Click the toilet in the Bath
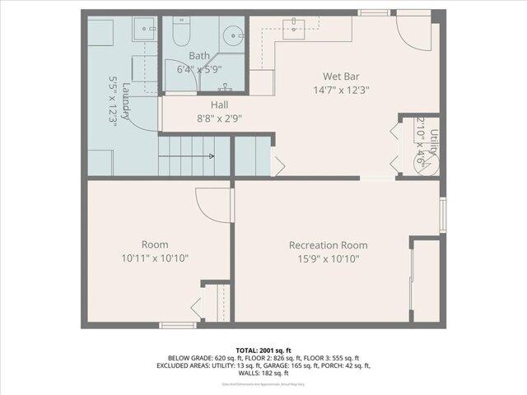click(180, 32)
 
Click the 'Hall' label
click(219, 105)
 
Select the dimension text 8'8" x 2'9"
click(219, 118)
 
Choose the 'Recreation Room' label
click(328, 245)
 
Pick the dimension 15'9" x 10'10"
click(328, 258)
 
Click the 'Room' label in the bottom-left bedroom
click(155, 244)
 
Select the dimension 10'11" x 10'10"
click(155, 258)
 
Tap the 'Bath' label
click(199, 56)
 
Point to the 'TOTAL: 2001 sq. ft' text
click(263, 349)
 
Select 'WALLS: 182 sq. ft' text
click(263, 374)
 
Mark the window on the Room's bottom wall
click(177, 325)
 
